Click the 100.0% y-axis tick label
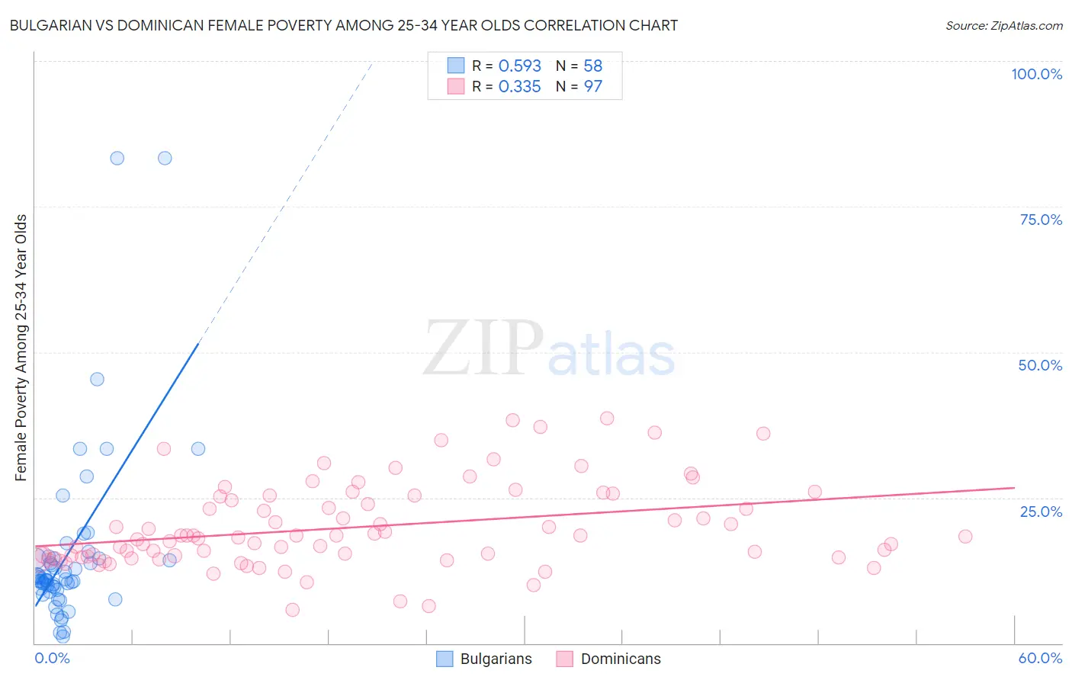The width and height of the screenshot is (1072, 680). coord(1036,74)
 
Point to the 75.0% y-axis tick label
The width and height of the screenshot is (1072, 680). coord(1041,220)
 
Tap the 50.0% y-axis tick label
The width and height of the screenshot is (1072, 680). coord(1040,365)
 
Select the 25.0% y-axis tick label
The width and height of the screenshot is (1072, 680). coord(1041,511)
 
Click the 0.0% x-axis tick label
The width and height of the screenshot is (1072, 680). coord(52,658)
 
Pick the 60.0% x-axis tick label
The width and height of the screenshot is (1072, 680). coord(1040,658)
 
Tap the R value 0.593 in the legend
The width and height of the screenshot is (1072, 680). coord(519,66)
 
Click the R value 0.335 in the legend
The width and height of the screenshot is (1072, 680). coord(519,87)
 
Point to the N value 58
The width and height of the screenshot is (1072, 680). coord(592,66)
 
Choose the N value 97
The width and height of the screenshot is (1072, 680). coord(592,87)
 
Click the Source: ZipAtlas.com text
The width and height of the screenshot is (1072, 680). coord(1003,26)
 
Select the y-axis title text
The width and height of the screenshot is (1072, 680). coord(21,348)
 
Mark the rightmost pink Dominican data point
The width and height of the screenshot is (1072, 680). coord(965,536)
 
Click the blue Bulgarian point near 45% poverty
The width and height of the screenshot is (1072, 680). coord(97,379)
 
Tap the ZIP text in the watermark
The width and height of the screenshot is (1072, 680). coord(483,349)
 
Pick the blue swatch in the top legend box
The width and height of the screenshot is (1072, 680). coord(456,66)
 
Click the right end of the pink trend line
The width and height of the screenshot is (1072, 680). coord(1014,487)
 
